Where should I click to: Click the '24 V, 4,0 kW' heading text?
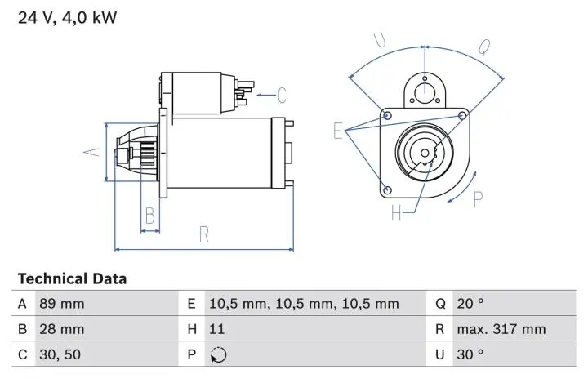[68, 17]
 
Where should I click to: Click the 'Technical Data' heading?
[72, 278]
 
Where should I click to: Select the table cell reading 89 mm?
[61, 304]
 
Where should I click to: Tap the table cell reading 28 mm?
[61, 330]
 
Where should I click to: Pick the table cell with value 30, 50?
[60, 355]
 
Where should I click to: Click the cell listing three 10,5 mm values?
[304, 304]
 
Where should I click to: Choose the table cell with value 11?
[216, 330]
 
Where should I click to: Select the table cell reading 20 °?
[470, 304]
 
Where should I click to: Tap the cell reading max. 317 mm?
[501, 330]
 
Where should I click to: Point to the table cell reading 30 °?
[470, 355]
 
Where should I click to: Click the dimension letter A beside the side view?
[94, 149]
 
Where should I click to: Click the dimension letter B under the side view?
[149, 216]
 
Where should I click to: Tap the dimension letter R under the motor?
[204, 234]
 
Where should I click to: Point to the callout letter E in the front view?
[338, 131]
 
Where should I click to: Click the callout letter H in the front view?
[397, 214]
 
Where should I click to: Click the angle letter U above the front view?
[379, 40]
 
